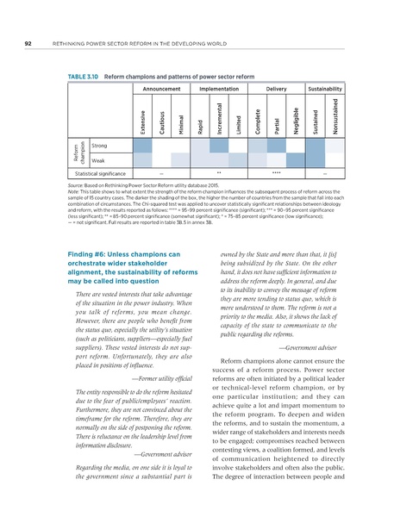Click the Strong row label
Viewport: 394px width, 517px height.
pyautogui.click(x=99, y=146)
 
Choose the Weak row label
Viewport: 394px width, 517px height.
pyautogui.click(x=98, y=160)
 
